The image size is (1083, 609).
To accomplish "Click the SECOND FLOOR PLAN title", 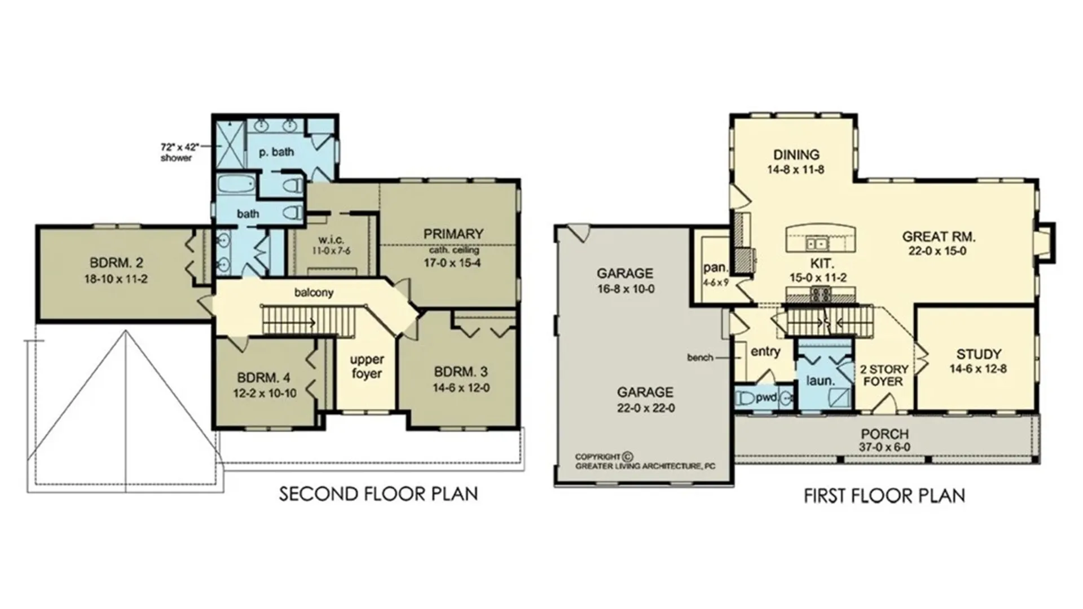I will [x=378, y=494].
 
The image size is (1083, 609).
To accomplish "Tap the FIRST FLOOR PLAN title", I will [x=884, y=496].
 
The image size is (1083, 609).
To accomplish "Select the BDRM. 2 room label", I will [x=116, y=263].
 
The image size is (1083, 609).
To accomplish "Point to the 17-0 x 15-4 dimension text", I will [x=452, y=263].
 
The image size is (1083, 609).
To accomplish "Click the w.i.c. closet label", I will [x=331, y=240].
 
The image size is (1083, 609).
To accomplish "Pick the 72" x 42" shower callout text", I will [x=180, y=147].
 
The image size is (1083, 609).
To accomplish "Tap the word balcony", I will [x=314, y=293].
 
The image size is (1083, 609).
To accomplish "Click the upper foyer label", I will [x=367, y=367].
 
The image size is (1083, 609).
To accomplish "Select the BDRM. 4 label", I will [x=264, y=378].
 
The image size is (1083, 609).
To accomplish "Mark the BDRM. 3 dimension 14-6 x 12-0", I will [x=461, y=388].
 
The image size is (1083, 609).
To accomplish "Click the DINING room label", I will [x=796, y=155].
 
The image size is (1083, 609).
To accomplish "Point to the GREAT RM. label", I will [x=938, y=237].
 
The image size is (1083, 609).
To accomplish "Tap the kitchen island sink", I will [x=816, y=244].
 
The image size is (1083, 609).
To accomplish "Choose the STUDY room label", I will [x=979, y=355].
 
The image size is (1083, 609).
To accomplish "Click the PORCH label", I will [x=884, y=434].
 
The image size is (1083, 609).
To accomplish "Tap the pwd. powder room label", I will [x=767, y=398].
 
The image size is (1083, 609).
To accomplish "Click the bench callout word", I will [x=700, y=358].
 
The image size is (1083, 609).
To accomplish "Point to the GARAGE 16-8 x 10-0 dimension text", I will [x=624, y=289].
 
